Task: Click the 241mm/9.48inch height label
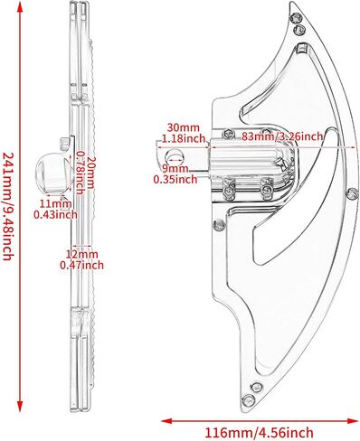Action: click(x=8, y=206)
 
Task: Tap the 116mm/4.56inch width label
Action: click(x=259, y=433)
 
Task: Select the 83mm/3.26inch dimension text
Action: click(x=282, y=136)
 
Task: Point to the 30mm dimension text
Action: click(x=184, y=127)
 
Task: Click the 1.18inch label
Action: click(x=184, y=138)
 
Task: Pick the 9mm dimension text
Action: click(x=175, y=168)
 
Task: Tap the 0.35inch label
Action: click(x=175, y=180)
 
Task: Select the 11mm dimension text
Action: click(x=56, y=203)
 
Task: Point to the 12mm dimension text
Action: click(x=82, y=254)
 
